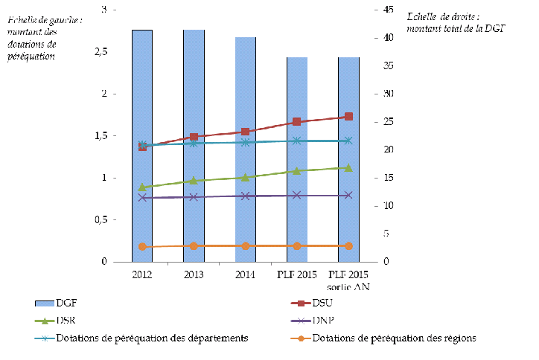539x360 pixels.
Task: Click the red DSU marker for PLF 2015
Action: coord(296,121)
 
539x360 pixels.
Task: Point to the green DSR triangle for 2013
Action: coord(194,180)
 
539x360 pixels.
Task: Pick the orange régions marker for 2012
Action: coord(142,246)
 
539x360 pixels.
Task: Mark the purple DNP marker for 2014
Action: coord(245,196)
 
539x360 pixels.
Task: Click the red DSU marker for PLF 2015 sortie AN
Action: coord(348,116)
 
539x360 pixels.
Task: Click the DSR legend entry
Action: coord(63,320)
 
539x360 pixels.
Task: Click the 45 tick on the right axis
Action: coord(388,10)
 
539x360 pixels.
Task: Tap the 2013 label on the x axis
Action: coord(194,274)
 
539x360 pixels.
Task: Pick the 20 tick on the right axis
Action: coord(388,150)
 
